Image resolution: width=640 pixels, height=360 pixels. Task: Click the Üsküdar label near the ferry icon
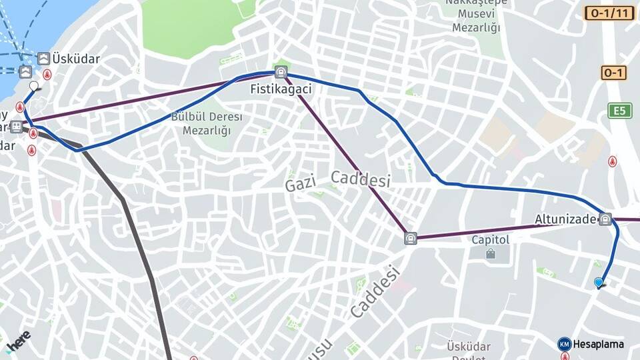pyautogui.click(x=76, y=59)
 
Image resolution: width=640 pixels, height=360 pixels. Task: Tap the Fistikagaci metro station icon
pyautogui.click(x=281, y=73)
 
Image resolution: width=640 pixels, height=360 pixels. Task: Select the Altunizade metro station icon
pyautogui.click(x=605, y=219)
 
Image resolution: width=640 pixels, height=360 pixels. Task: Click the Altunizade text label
pyautogui.click(x=565, y=219)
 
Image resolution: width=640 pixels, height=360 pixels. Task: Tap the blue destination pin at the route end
pyautogui.click(x=599, y=283)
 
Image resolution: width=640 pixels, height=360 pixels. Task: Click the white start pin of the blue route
pyautogui.click(x=34, y=86)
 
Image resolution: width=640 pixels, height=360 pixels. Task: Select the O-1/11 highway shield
pyautogui.click(x=609, y=13)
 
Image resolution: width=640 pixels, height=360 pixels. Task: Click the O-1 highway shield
pyautogui.click(x=613, y=73)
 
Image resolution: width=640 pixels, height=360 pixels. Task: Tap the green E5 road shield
pyautogui.click(x=619, y=111)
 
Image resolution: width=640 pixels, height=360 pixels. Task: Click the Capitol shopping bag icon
pyautogui.click(x=491, y=254)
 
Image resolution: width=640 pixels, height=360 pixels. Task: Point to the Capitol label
pyautogui.click(x=491, y=239)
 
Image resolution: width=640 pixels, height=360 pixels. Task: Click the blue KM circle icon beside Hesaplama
pyautogui.click(x=564, y=344)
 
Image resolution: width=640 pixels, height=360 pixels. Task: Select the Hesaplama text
pyautogui.click(x=599, y=344)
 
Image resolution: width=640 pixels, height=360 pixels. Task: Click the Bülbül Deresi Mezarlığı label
pyautogui.click(x=207, y=123)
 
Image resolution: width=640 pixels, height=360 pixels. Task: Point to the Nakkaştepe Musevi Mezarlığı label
pyautogui.click(x=476, y=15)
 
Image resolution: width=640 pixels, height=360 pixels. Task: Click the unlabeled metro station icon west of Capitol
pyautogui.click(x=411, y=238)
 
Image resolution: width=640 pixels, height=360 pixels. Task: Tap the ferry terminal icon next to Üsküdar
pyautogui.click(x=44, y=59)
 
